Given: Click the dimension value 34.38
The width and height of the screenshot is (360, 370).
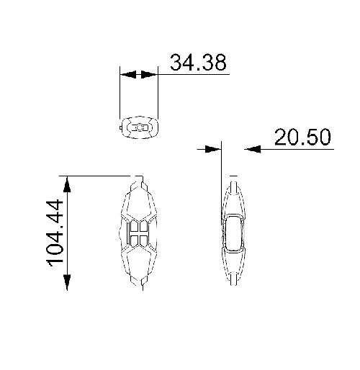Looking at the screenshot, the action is click(198, 63).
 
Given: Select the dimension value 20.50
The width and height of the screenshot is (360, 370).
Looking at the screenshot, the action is click(302, 137).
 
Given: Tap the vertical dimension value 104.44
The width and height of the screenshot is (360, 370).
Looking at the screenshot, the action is click(55, 233).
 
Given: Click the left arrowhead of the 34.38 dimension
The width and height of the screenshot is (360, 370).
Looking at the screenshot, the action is click(128, 74).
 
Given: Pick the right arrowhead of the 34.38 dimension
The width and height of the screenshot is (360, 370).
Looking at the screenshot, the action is click(149, 74).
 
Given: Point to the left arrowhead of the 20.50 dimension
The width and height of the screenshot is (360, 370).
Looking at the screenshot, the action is click(213, 149).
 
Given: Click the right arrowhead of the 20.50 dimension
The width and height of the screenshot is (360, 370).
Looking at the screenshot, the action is click(253, 149).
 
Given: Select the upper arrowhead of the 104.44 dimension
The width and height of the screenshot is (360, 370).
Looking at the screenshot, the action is click(67, 184).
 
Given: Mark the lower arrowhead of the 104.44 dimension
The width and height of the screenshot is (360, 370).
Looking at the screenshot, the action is click(67, 282).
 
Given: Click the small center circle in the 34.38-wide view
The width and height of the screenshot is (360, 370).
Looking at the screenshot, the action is click(140, 127).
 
